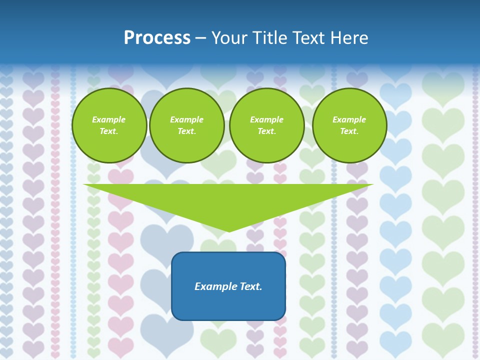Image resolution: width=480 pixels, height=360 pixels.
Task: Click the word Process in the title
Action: [157, 38]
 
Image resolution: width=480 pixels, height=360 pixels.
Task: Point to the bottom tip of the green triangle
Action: [228, 230]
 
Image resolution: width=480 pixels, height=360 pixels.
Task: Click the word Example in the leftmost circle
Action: [108, 119]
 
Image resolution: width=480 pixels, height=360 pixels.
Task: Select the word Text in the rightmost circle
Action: [349, 131]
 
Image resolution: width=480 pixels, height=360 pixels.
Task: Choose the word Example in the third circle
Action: [266, 119]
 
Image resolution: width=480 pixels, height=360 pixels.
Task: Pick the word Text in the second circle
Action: [186, 131]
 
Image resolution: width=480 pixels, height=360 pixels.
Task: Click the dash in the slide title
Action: [201, 38]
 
